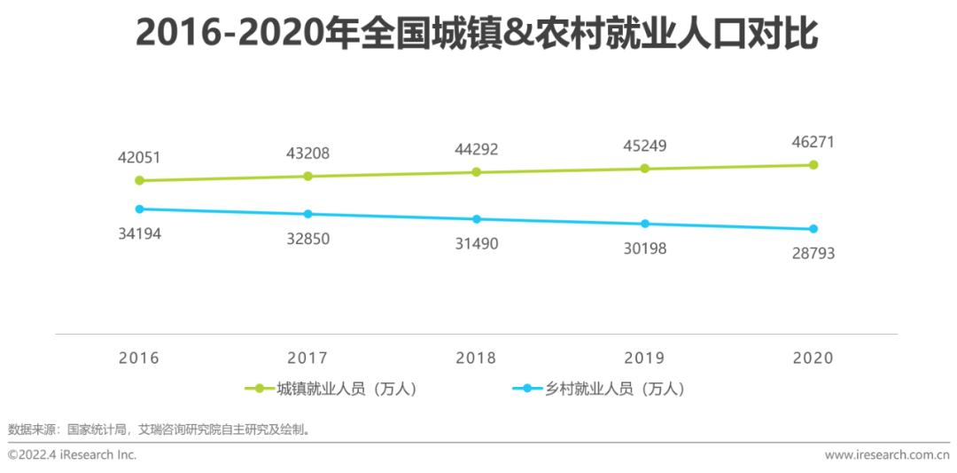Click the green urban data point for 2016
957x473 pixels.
tap(139, 180)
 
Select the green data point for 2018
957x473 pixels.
tap(476, 172)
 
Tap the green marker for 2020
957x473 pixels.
tap(813, 164)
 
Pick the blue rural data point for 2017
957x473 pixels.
tap(307, 214)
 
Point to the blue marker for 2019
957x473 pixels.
tap(645, 224)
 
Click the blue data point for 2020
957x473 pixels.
tap(813, 229)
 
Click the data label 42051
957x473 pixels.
tap(139, 158)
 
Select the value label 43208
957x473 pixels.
tap(307, 154)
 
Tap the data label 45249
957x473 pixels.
tap(645, 146)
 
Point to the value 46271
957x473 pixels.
tap(813, 142)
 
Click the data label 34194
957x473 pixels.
tap(139, 234)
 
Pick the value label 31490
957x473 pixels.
tap(476, 244)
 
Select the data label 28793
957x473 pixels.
tap(813, 254)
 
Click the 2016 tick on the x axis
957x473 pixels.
tap(139, 359)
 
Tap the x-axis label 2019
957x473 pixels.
tap(645, 359)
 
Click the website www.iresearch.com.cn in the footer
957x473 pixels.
tap(886, 455)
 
